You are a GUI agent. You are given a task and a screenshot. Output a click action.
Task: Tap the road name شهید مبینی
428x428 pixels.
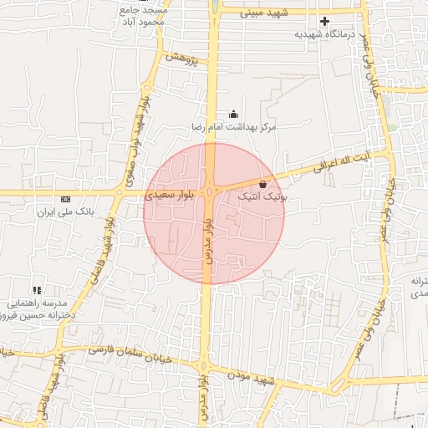(264, 13)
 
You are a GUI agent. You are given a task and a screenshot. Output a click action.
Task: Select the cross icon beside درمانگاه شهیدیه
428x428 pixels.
(325, 21)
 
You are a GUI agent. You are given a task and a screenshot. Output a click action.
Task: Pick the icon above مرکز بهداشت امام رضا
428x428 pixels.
(232, 115)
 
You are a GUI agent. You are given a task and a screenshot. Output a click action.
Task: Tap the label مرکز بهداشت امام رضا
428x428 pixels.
(232, 127)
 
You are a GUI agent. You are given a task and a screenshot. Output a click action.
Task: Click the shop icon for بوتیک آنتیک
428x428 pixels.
(263, 184)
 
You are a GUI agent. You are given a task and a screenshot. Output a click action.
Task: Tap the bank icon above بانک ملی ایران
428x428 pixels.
(65, 199)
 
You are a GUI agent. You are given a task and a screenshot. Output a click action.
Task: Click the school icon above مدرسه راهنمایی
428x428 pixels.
(36, 289)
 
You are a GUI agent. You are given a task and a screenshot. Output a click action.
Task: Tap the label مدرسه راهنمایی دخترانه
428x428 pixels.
(40, 309)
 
